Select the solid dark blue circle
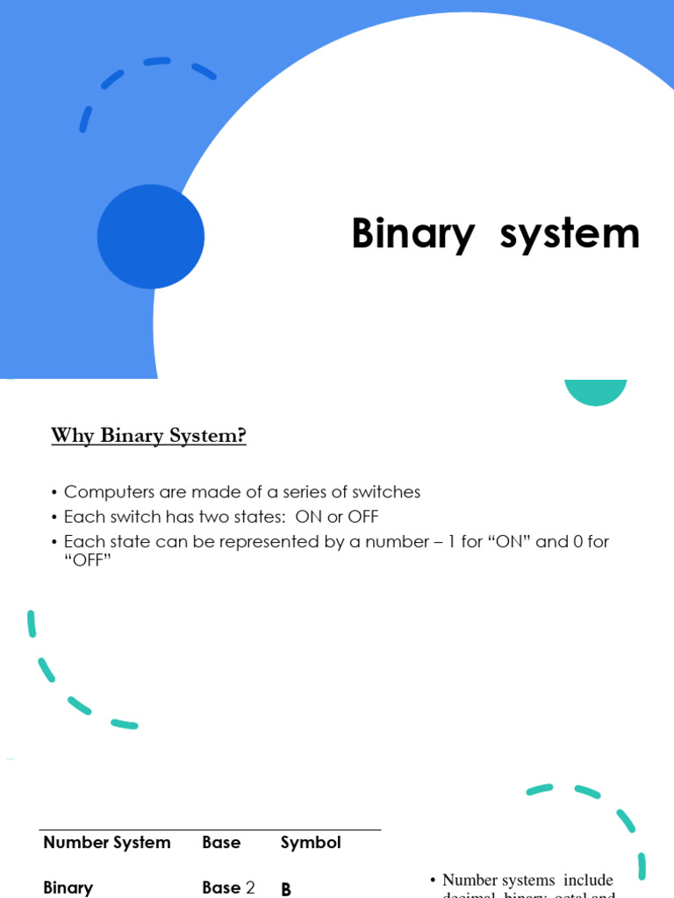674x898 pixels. (x=151, y=237)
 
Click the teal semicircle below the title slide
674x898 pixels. (x=596, y=391)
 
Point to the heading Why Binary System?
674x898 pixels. (x=148, y=435)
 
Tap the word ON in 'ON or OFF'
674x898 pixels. (x=309, y=517)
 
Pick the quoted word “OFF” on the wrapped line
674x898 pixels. (x=88, y=560)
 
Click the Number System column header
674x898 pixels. (x=107, y=843)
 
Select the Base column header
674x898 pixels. (x=221, y=843)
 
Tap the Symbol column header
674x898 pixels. (x=311, y=843)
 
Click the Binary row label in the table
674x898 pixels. (x=68, y=887)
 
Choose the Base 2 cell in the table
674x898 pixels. (x=228, y=887)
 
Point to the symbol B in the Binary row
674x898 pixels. (x=285, y=889)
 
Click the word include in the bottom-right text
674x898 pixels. (x=588, y=880)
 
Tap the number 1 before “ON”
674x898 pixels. (x=451, y=541)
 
